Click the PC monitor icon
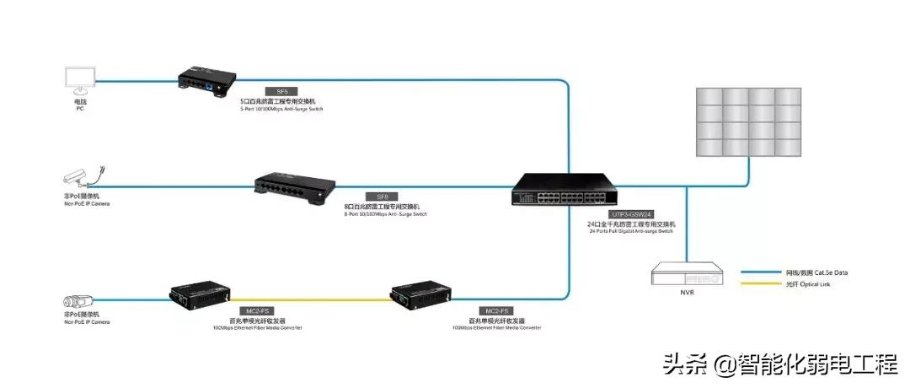coord(80,79)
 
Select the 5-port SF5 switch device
coord(206,79)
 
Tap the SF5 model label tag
coord(281,91)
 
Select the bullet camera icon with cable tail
coord(85,175)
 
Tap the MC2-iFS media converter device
coord(200,295)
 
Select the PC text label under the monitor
coord(80,107)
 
